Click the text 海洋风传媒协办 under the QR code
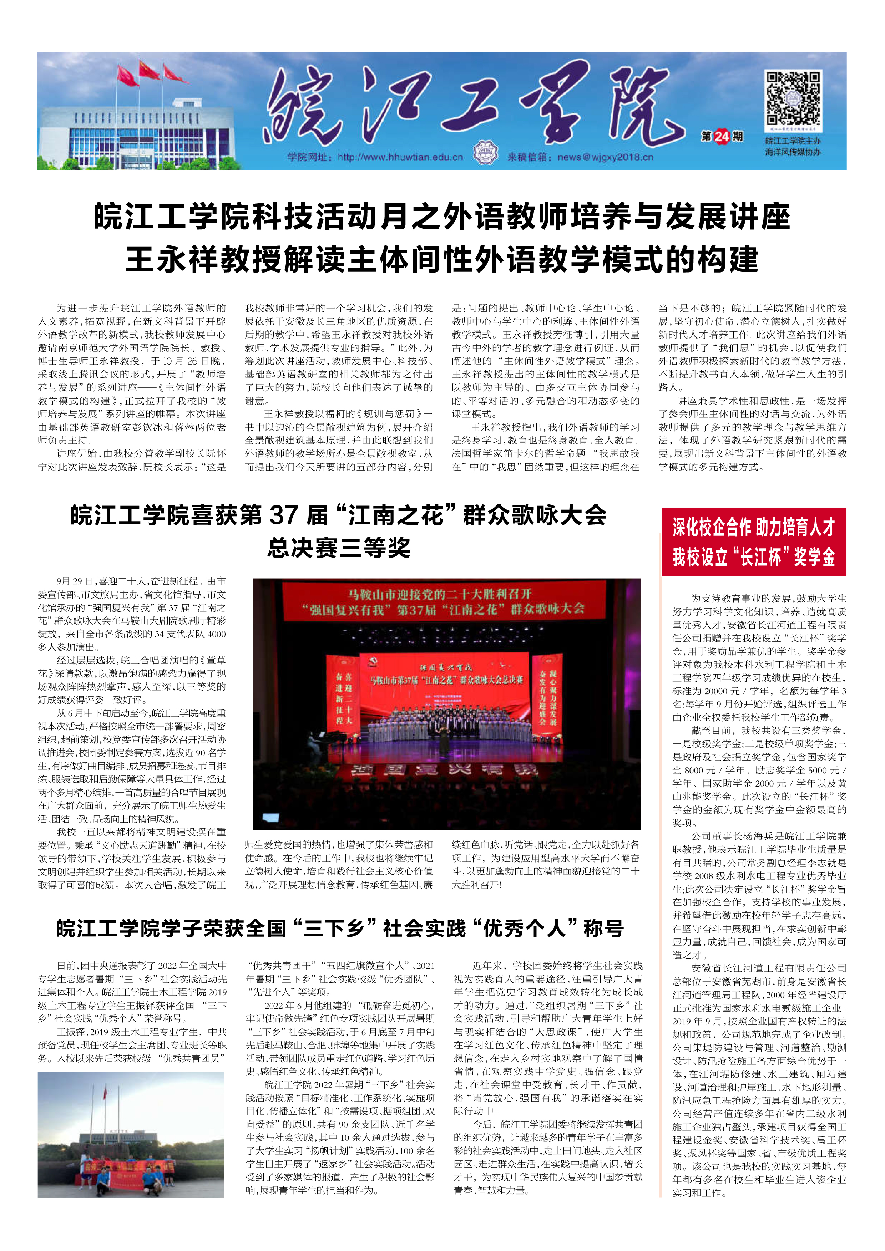coord(793,152)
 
